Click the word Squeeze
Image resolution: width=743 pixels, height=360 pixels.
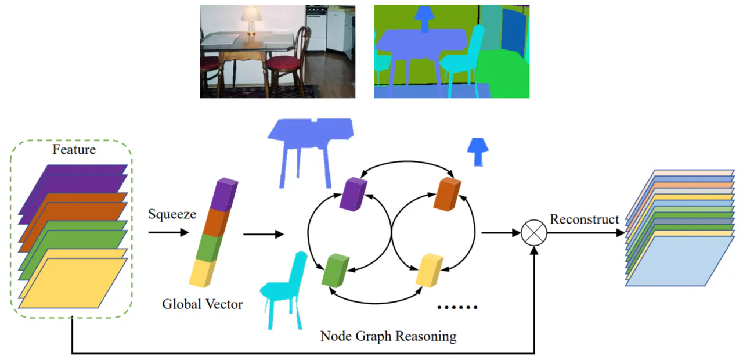tap(172, 214)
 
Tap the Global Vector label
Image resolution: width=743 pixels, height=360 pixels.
tap(202, 304)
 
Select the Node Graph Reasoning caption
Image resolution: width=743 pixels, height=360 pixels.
tap(388, 336)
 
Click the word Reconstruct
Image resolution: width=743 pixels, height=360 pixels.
tap(585, 219)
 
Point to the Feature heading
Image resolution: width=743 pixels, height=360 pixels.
tap(74, 150)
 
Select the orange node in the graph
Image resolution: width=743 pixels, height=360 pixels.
tap(447, 194)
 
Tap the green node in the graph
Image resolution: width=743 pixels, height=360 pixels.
tap(334, 270)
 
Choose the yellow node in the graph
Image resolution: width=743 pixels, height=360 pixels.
tap(429, 271)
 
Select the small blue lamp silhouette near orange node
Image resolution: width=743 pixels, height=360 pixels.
tap(478, 152)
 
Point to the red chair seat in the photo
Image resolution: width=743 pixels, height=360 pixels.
tap(285, 62)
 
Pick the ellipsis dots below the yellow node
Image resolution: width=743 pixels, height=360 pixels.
tap(457, 307)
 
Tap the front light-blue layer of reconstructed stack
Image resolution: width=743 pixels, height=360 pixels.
tap(679, 261)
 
